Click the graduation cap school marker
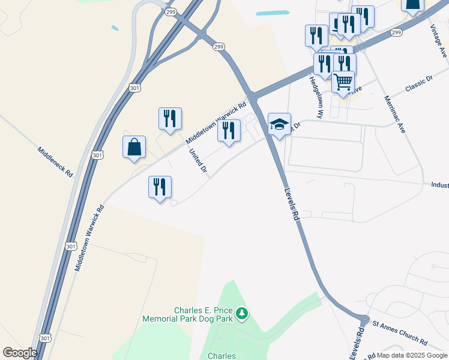click(x=279, y=124)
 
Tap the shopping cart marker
click(x=343, y=82)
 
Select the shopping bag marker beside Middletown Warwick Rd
click(x=134, y=147)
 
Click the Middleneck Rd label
click(x=55, y=162)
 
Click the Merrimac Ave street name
click(x=394, y=115)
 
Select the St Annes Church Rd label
click(x=400, y=333)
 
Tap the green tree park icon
click(x=241, y=313)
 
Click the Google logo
click(x=20, y=353)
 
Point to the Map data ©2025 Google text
click(x=412, y=355)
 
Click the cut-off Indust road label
click(x=439, y=185)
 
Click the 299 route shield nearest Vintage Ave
click(x=396, y=33)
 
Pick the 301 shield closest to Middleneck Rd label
click(x=98, y=155)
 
